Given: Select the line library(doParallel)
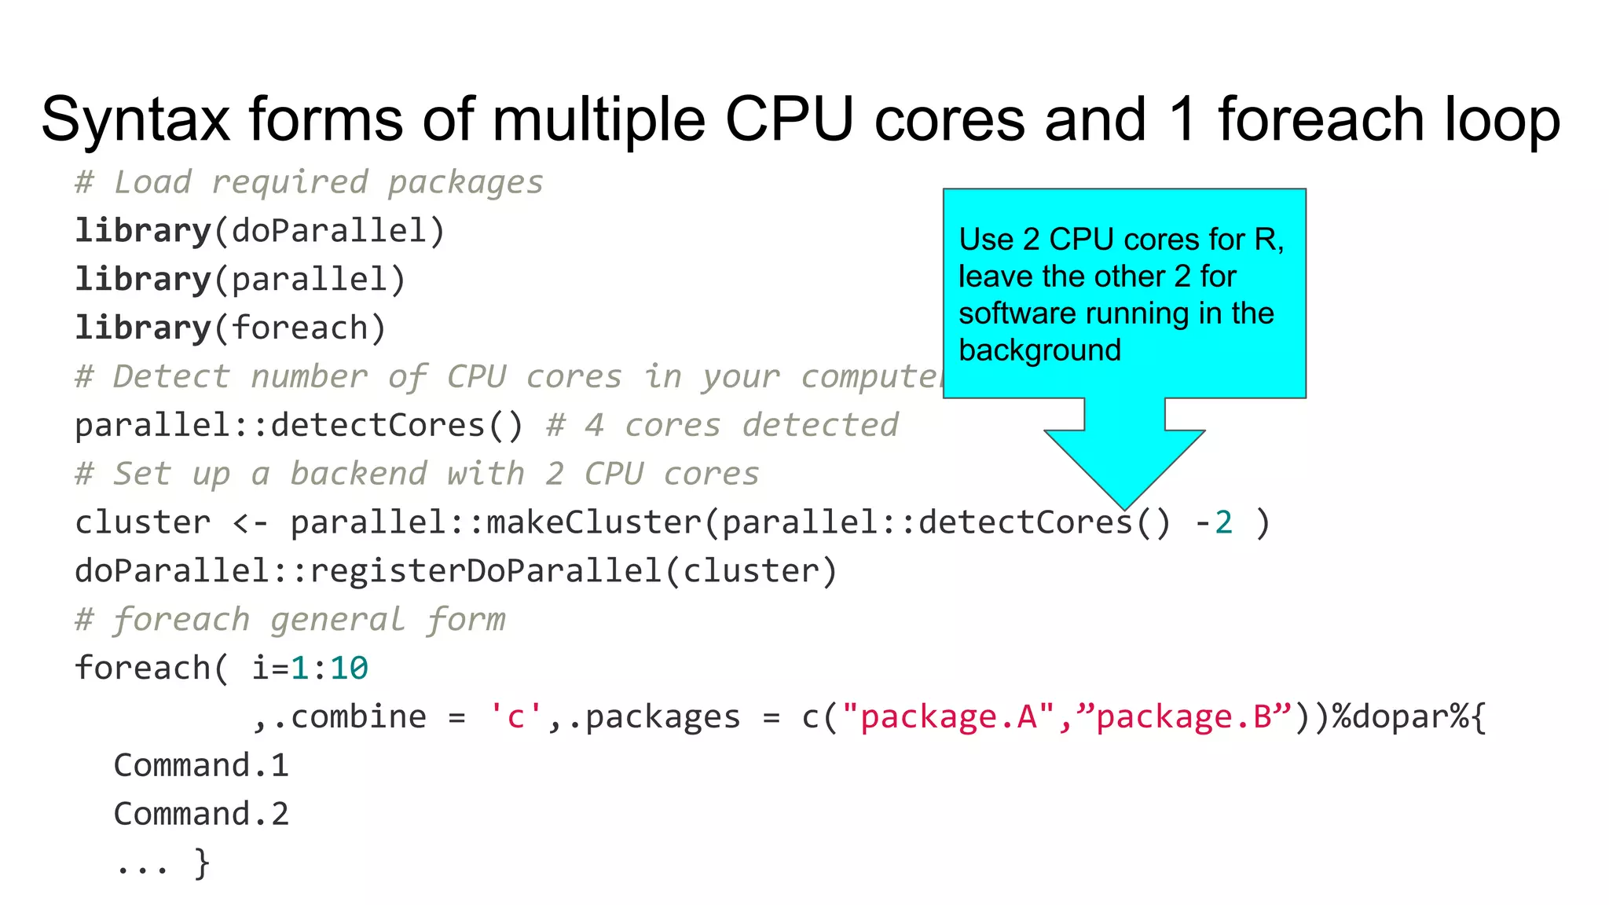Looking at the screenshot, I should [x=260, y=231].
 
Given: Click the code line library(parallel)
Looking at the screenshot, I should [x=240, y=280].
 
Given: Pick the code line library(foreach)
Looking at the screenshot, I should [x=230, y=328].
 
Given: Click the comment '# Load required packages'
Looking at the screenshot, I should [x=309, y=182].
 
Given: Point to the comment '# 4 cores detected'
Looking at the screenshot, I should [x=722, y=426].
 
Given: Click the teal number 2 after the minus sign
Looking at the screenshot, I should [x=1223, y=522].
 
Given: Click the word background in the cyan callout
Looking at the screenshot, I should [x=1039, y=350].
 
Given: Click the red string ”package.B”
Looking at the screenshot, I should [x=1183, y=716].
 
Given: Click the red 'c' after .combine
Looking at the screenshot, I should [x=515, y=716].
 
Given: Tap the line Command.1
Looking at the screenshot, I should [x=201, y=765].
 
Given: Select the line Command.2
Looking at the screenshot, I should [x=201, y=814].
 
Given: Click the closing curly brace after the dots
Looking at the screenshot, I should [x=202, y=863].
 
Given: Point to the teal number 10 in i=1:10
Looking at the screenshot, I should [x=349, y=669].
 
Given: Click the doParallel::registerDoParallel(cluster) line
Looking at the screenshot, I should [x=456, y=571].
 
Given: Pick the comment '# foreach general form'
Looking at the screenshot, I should [x=290, y=620].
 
